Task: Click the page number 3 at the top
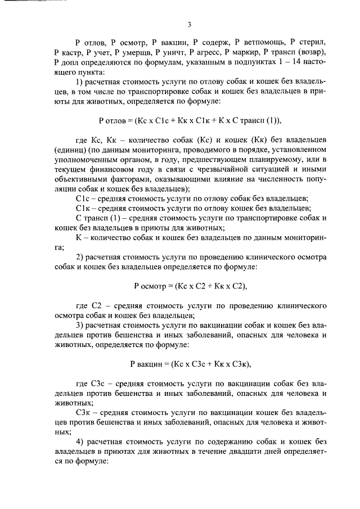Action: coord(190,24)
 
